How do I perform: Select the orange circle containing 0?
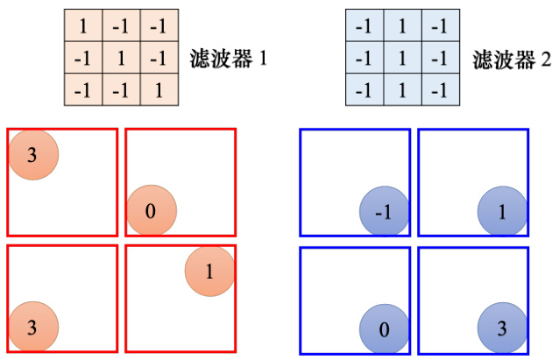point(152,210)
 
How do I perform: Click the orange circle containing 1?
point(209,270)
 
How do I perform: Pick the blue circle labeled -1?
point(385,212)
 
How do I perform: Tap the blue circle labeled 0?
point(385,329)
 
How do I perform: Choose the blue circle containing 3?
point(502,329)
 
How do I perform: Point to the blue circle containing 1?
point(502,212)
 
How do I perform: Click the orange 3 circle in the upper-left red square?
point(33,155)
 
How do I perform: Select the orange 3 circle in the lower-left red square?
point(33,328)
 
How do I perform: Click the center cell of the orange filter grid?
point(121,60)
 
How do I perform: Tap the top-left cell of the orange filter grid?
point(83,27)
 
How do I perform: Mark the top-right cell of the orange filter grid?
point(159,27)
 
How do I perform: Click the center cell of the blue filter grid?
point(402,60)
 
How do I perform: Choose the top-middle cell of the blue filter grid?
point(402,27)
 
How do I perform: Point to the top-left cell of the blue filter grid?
point(364,27)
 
